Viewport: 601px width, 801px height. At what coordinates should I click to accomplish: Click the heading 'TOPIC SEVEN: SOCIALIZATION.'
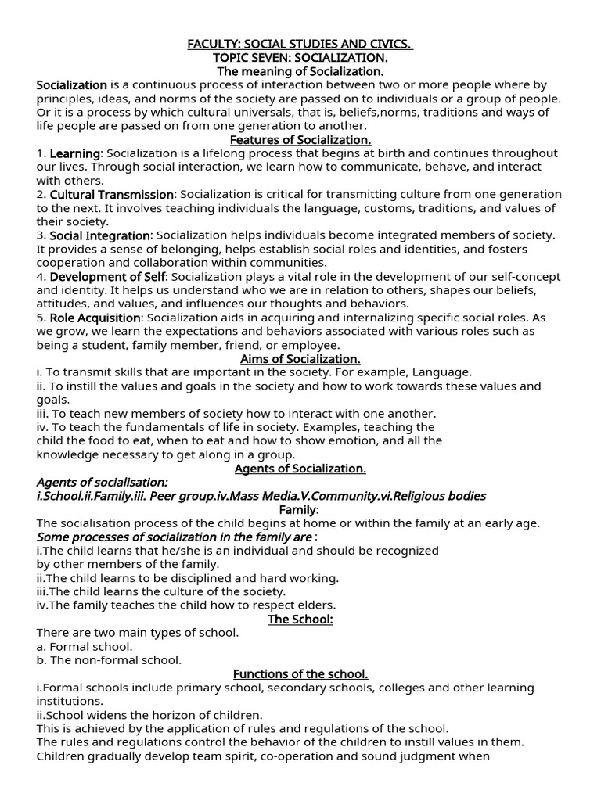tap(300, 58)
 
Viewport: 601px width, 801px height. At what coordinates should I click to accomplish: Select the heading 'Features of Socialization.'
tap(300, 139)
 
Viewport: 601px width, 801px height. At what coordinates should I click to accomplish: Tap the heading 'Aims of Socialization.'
tap(300, 358)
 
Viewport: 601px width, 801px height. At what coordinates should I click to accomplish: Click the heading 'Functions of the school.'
tap(300, 673)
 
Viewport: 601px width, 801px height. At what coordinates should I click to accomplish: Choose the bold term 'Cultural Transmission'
tap(112, 194)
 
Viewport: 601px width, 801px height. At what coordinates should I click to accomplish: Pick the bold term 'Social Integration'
tap(99, 235)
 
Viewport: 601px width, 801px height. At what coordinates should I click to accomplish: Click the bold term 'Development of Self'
tap(107, 276)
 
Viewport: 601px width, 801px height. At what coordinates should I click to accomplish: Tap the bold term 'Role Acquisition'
tap(95, 318)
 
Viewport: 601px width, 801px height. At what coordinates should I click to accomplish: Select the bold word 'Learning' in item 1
tap(75, 153)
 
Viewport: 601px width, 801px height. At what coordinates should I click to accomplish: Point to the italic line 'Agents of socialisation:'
tap(103, 482)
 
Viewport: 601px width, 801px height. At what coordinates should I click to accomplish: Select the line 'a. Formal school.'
tap(85, 646)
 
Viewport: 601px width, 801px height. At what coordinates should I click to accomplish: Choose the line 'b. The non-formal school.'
tap(109, 659)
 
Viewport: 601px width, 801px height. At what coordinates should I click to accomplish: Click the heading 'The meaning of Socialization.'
tap(300, 72)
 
